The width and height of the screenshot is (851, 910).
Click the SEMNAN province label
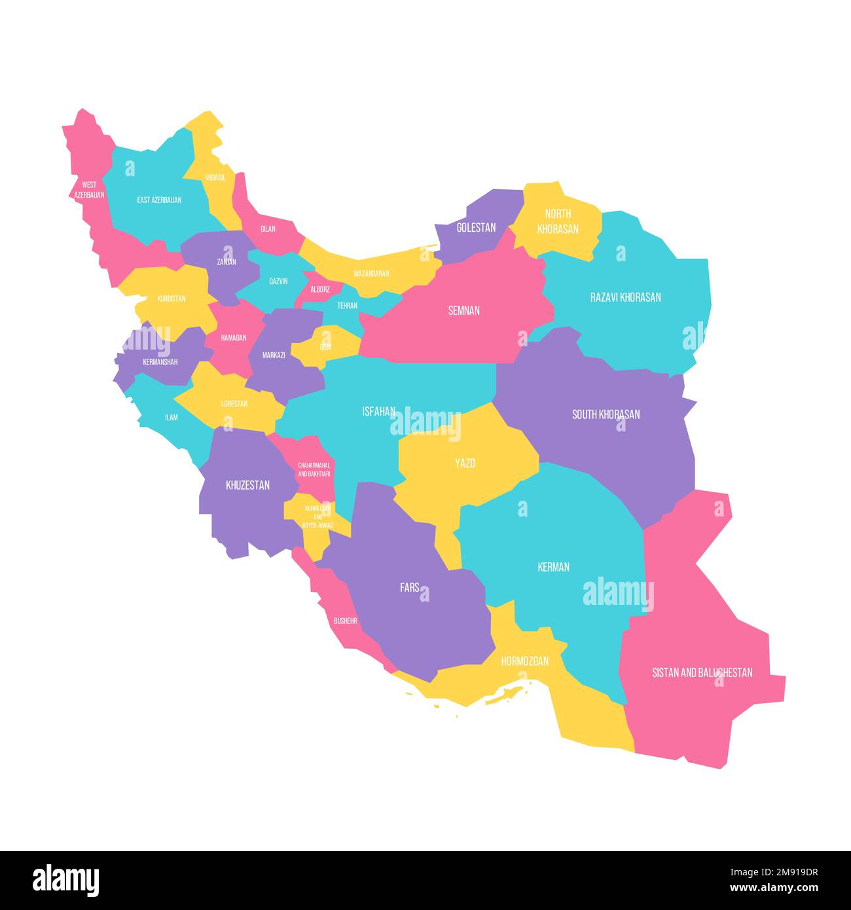point(463,310)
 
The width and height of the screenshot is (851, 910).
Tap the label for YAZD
point(465,464)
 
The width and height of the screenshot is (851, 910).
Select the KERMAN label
point(553,567)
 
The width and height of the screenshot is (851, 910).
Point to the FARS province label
point(410,587)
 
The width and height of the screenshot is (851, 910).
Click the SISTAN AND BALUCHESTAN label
point(702,672)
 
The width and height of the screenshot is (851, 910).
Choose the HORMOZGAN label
point(524,661)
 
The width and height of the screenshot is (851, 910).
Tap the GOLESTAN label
point(476,228)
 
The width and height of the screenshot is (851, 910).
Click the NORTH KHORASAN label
point(558,221)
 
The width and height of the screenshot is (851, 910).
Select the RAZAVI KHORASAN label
point(625,297)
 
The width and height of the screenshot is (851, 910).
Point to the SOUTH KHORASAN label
point(606,414)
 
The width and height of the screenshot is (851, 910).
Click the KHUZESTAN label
point(247,485)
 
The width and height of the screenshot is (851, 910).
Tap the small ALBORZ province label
point(320,289)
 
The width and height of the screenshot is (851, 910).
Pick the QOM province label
point(325,347)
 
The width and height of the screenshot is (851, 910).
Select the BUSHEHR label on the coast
point(345,621)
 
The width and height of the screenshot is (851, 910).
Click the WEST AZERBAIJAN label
point(89,190)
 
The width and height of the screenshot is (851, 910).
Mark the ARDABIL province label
point(215,177)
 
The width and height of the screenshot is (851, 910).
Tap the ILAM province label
point(171,417)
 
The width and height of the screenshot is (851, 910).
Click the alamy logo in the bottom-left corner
point(66,880)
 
